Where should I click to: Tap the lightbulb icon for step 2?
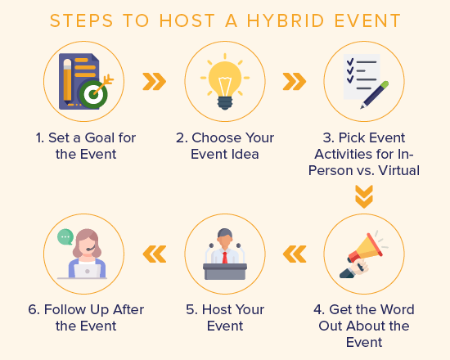[224, 80]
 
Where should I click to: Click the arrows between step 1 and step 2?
[154, 80]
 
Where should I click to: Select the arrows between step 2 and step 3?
[294, 80]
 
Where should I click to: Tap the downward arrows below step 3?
[364, 196]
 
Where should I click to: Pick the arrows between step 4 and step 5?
[294, 254]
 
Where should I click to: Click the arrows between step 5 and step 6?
[154, 254]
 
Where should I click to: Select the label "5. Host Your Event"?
[225, 317]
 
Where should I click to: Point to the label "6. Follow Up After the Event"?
[83, 317]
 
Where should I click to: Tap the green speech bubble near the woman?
[65, 236]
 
